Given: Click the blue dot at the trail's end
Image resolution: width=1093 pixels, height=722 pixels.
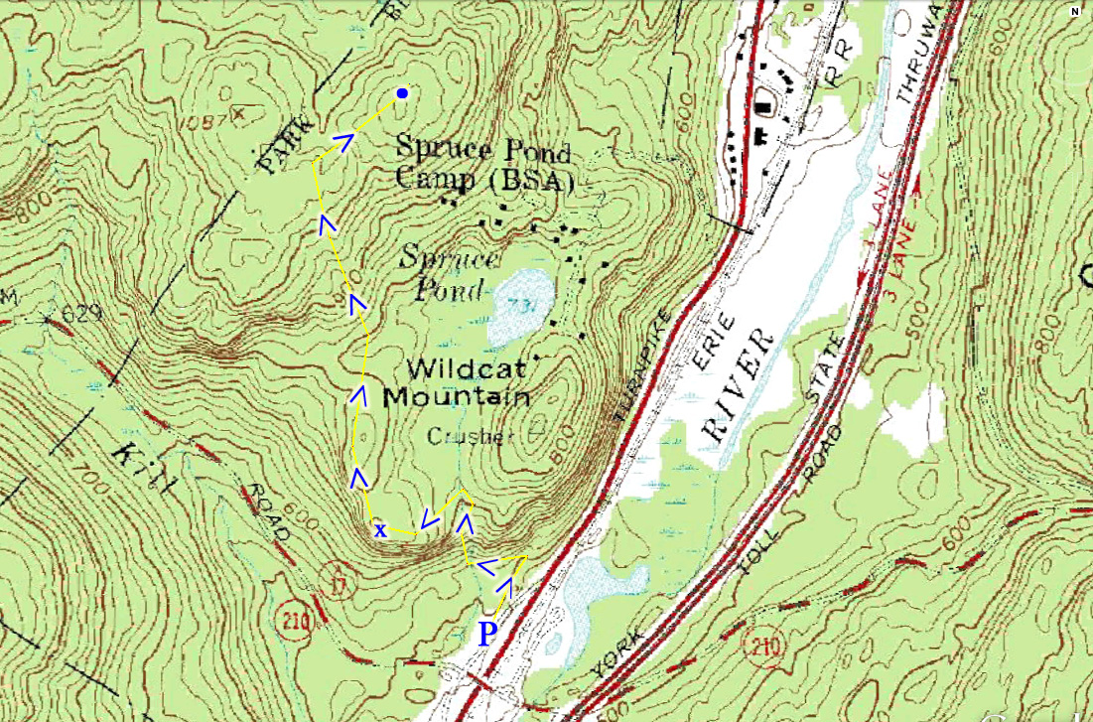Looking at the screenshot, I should [x=402, y=93].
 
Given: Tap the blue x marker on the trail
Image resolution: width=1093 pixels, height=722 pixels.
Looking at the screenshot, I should [x=379, y=530].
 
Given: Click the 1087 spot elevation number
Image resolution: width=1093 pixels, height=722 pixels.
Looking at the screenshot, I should [x=206, y=118].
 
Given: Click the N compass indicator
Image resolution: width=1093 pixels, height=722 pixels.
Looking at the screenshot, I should [x=1074, y=12].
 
